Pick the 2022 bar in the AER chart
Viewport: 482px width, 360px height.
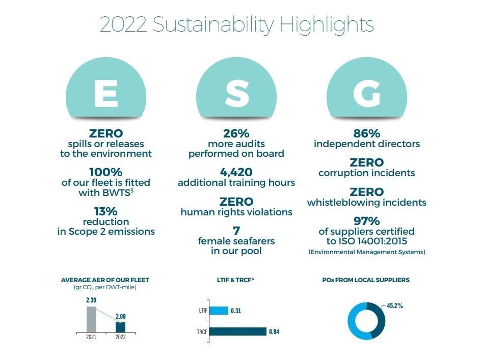tap(120, 327)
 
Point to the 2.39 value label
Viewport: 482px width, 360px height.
tap(91, 301)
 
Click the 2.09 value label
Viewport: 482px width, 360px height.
tap(121, 317)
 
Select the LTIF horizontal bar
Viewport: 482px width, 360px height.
tap(219, 311)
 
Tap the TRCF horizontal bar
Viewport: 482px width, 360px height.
tap(237, 331)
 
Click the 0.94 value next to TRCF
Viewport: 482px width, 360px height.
tap(274, 332)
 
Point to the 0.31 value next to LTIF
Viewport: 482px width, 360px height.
tap(236, 311)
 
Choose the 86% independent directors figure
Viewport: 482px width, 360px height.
tap(367, 134)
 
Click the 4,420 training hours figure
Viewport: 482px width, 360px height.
tap(236, 173)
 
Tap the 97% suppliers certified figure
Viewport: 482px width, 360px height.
tap(367, 221)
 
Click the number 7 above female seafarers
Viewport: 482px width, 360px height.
tap(236, 230)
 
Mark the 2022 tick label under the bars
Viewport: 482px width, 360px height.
tap(121, 337)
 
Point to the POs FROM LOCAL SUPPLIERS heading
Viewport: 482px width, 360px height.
tap(366, 280)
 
